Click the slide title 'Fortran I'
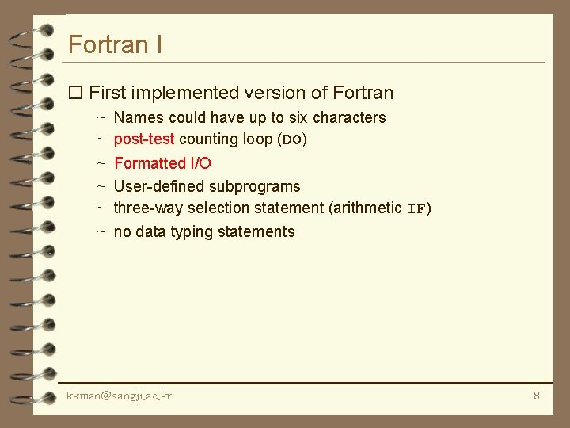[116, 44]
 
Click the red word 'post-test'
[144, 139]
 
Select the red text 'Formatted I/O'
[162, 163]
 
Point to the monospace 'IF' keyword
[416, 209]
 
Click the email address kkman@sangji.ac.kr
[119, 396]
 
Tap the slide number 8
[536, 396]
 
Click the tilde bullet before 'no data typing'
[101, 232]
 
